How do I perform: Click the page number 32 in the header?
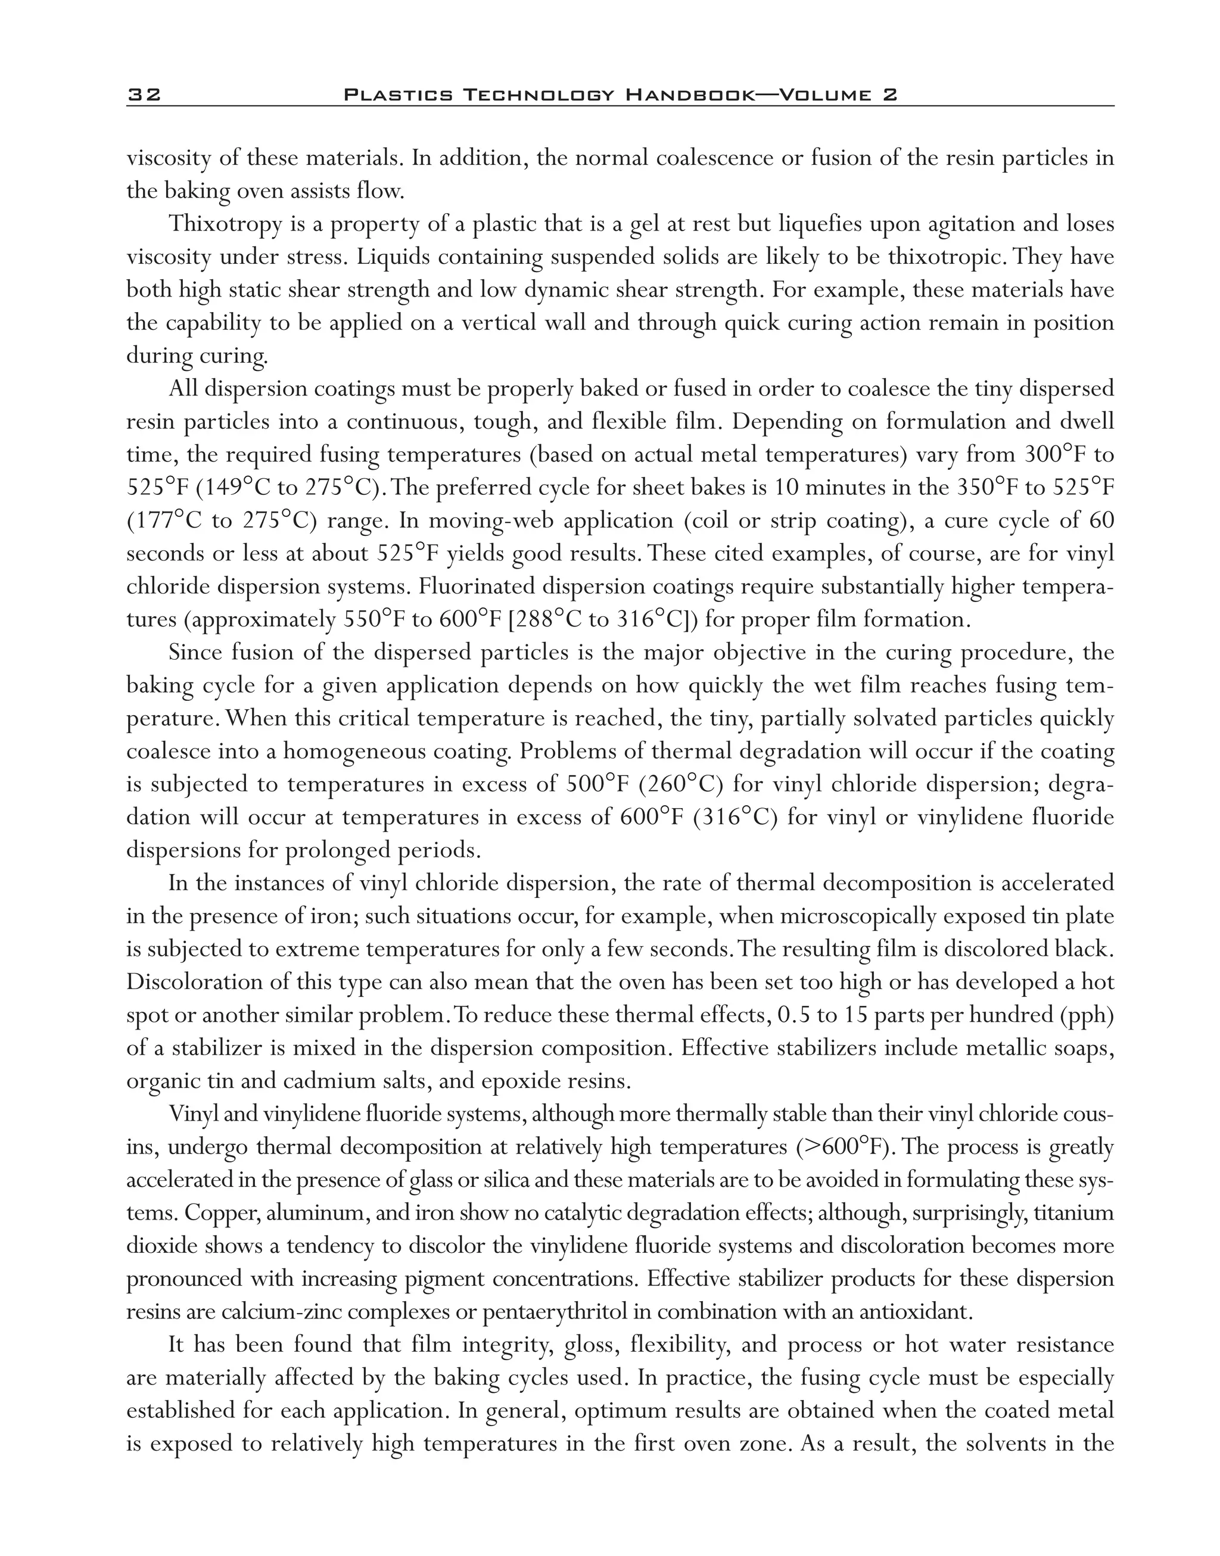click(x=144, y=95)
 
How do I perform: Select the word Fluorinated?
click(x=477, y=587)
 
